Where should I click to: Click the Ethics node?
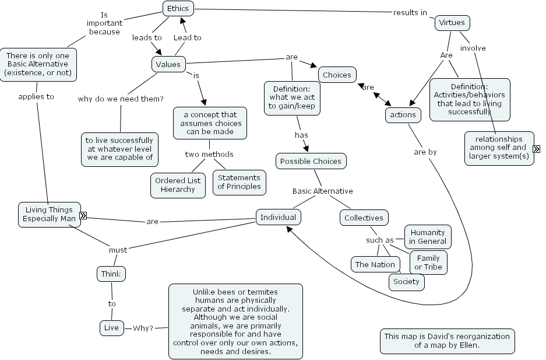pos(178,8)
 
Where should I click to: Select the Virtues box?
pos(452,23)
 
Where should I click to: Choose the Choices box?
pos(337,75)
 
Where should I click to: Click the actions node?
pos(403,115)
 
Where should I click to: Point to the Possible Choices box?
pos(311,161)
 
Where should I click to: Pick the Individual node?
pos(278,218)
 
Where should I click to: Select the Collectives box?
pos(364,218)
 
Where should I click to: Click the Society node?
pos(406,282)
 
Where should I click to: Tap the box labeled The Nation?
pos(375,264)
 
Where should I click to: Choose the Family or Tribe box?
pos(428,263)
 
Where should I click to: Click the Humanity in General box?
pos(427,237)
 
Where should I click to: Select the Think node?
pos(111,274)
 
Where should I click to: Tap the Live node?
pos(111,328)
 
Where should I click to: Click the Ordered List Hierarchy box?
pos(178,184)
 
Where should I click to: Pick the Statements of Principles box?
pos(239,182)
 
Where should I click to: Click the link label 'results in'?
pos(410,12)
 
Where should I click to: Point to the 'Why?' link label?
pos(143,328)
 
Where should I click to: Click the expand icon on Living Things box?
pos(83,215)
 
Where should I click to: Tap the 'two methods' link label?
pos(209,155)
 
